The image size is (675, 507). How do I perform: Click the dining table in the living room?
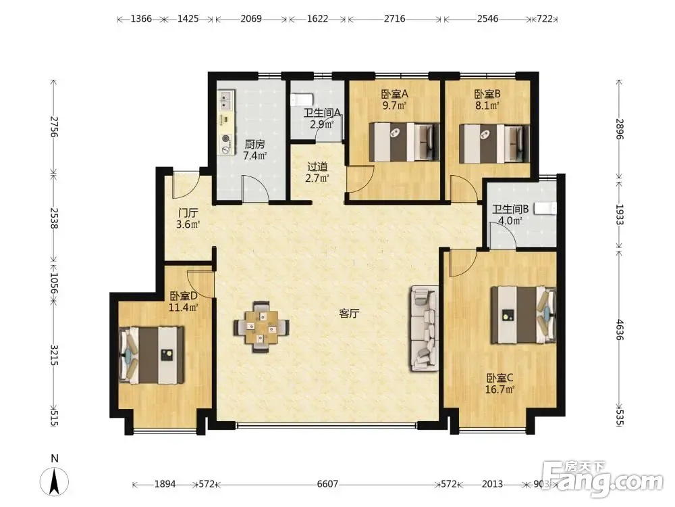(x=261, y=327)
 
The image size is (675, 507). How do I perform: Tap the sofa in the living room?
(x=424, y=328)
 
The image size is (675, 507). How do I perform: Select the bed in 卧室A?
(x=404, y=142)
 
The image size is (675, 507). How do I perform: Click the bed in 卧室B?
(x=494, y=143)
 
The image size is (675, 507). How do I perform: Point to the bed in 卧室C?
(x=524, y=315)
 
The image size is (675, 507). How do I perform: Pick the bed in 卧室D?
(x=151, y=356)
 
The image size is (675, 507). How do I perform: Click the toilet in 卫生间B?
(x=545, y=209)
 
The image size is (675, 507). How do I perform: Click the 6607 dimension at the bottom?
(x=327, y=484)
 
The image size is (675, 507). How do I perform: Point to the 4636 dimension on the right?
(x=619, y=330)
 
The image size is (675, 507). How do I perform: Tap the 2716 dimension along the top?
(x=394, y=18)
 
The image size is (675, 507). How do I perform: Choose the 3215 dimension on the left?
(x=54, y=355)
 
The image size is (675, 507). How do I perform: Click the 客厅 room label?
(x=349, y=314)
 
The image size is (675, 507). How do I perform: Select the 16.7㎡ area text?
(x=500, y=390)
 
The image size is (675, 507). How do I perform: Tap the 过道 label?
(x=317, y=166)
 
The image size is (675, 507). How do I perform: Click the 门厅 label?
(x=188, y=212)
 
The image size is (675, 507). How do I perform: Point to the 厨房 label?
(x=255, y=145)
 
